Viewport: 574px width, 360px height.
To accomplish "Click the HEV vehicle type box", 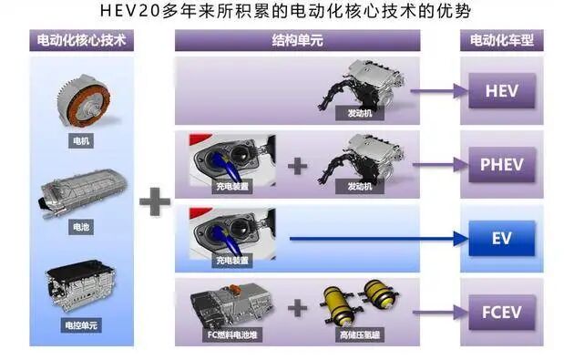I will (x=502, y=91).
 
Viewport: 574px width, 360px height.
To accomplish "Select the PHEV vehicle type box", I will (x=502, y=166).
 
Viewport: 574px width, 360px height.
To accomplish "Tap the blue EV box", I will (x=502, y=238).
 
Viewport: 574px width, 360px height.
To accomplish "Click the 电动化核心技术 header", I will (x=82, y=40).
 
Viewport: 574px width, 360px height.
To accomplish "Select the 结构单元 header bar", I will (x=297, y=40).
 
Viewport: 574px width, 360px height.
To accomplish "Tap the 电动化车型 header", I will (x=502, y=40).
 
